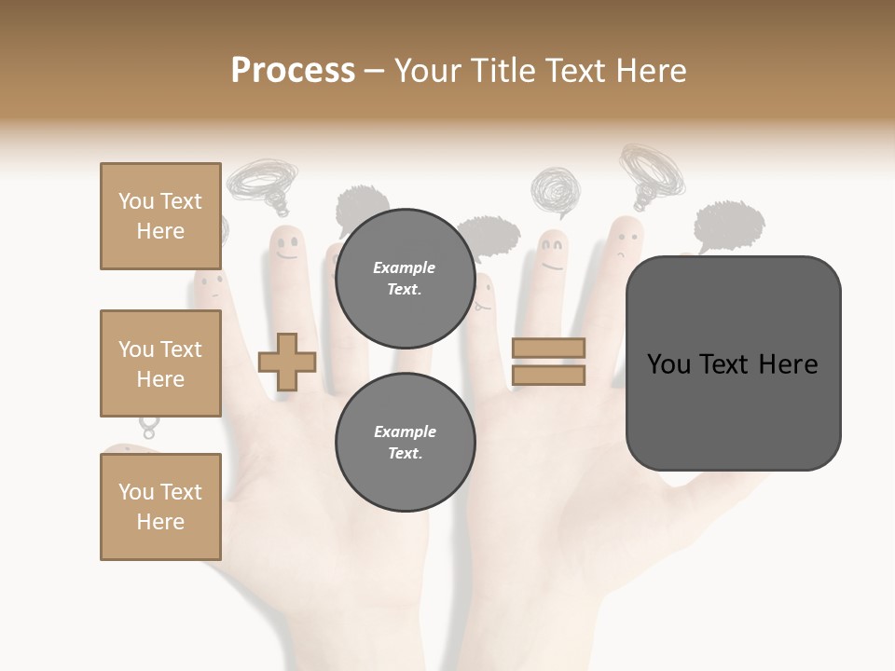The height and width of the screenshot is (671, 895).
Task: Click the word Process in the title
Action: tap(293, 70)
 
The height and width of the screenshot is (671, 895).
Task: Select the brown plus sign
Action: tap(287, 362)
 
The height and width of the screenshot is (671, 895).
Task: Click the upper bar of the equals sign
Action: tap(548, 349)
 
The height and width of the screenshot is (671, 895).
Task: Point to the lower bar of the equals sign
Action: tap(548, 376)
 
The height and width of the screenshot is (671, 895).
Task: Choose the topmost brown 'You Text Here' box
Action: tap(160, 216)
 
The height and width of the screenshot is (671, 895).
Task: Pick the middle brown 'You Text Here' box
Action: tap(160, 363)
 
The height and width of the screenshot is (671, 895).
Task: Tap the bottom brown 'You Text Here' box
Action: tap(160, 507)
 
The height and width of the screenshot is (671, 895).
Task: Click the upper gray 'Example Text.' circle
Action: tap(405, 279)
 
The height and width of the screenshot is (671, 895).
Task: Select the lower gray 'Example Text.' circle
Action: tap(405, 443)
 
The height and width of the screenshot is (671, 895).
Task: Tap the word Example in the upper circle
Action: tap(405, 267)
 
